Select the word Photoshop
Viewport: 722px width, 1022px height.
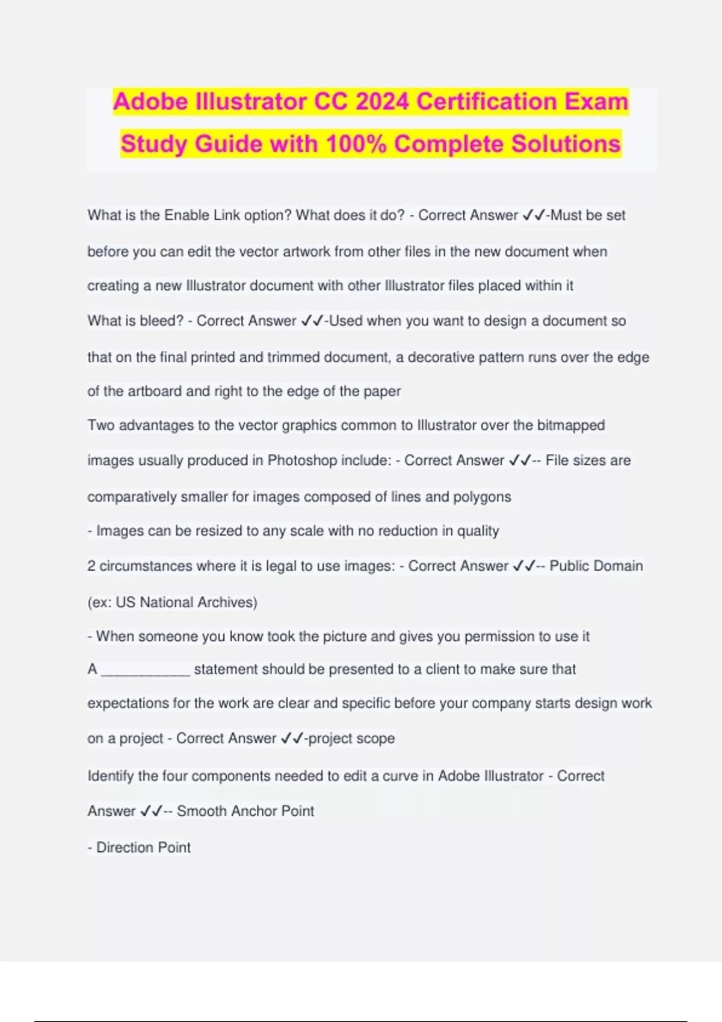coord(302,461)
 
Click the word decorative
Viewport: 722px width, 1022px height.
coord(441,357)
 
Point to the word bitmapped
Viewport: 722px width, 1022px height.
coord(570,425)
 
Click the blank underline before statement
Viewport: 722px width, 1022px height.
coord(146,670)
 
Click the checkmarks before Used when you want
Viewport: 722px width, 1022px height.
coord(312,321)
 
